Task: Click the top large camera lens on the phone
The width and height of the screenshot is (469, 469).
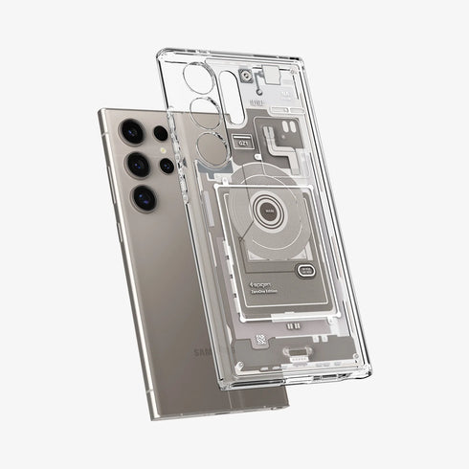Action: (x=128, y=130)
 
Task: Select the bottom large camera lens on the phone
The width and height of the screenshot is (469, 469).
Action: (x=145, y=197)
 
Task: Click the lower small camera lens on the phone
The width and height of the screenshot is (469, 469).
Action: (x=167, y=165)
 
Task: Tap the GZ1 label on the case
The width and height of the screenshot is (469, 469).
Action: (x=243, y=144)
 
